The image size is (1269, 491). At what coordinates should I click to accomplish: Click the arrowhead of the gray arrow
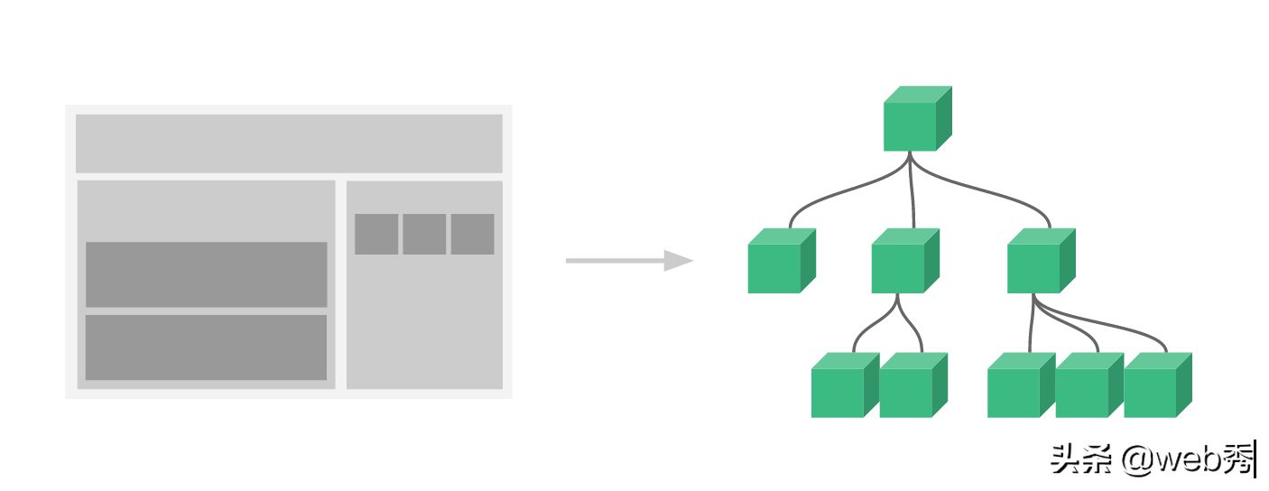pyautogui.click(x=678, y=261)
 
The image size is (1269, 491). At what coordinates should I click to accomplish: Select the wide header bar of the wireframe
pyautogui.click(x=289, y=143)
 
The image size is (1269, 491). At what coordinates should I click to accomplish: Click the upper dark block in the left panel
pyautogui.click(x=206, y=274)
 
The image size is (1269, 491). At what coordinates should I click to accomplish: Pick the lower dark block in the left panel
pyautogui.click(x=206, y=347)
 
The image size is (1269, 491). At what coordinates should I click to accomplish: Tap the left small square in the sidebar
pyautogui.click(x=376, y=234)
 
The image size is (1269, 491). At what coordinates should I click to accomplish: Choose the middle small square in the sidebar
pyautogui.click(x=424, y=234)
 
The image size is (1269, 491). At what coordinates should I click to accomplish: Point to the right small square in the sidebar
pyautogui.click(x=472, y=234)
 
